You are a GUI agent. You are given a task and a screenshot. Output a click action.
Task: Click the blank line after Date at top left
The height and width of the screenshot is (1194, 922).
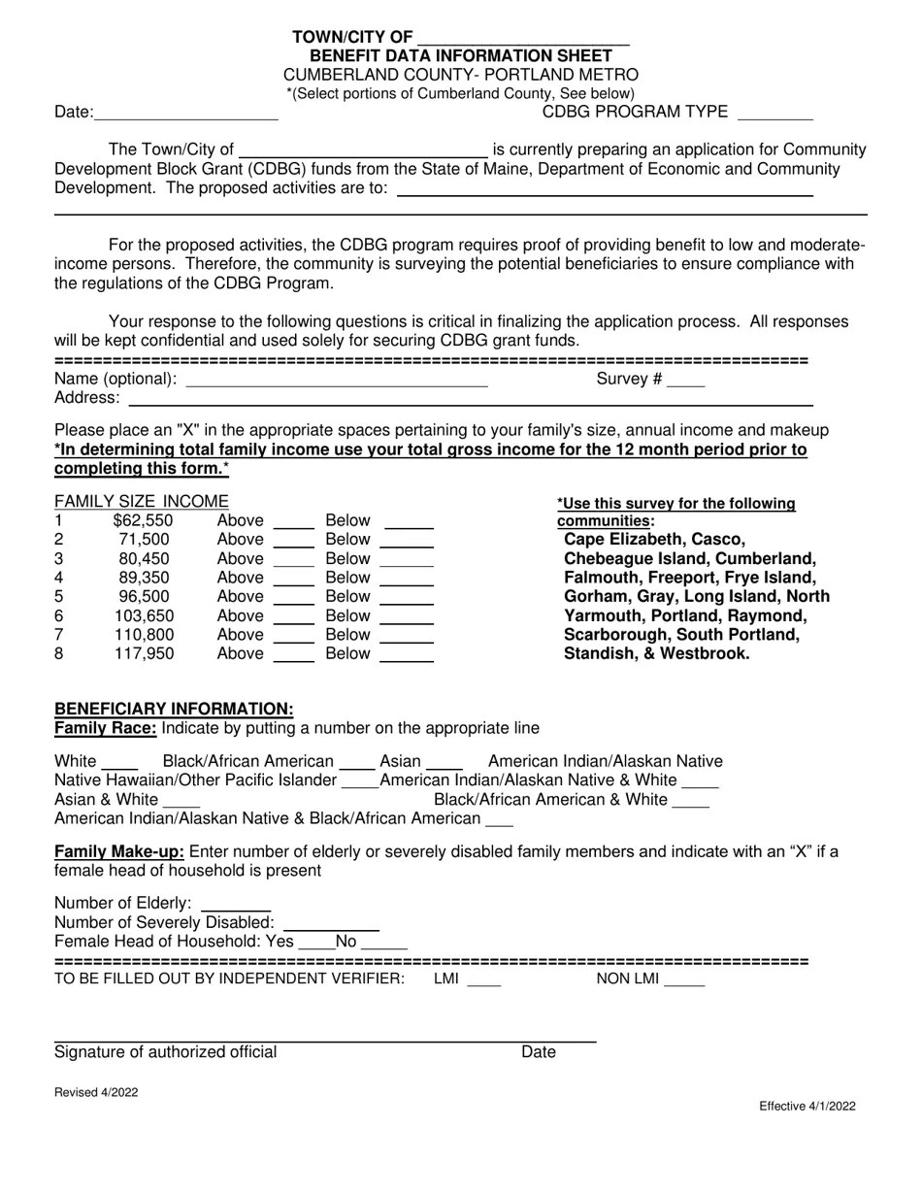tap(185, 116)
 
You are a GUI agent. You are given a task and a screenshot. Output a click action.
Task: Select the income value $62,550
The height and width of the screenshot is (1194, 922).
tap(143, 521)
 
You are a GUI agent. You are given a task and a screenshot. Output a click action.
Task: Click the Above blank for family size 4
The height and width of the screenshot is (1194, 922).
tap(294, 580)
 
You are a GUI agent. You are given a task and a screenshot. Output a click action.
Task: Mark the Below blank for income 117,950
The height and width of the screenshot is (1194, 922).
tap(406, 656)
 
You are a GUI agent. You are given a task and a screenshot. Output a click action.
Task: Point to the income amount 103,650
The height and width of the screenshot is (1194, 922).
tap(144, 616)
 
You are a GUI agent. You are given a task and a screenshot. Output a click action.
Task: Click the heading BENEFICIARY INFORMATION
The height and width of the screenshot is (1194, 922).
tap(174, 710)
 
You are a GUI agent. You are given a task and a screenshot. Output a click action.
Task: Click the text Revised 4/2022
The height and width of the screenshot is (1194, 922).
tap(96, 1093)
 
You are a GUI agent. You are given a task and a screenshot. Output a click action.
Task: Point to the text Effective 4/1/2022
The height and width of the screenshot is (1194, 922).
tap(807, 1107)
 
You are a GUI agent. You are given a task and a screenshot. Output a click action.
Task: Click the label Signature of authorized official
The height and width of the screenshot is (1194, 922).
tap(165, 1053)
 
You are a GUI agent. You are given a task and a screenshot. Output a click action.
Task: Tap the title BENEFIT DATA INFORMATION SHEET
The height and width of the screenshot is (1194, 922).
tap(461, 56)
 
